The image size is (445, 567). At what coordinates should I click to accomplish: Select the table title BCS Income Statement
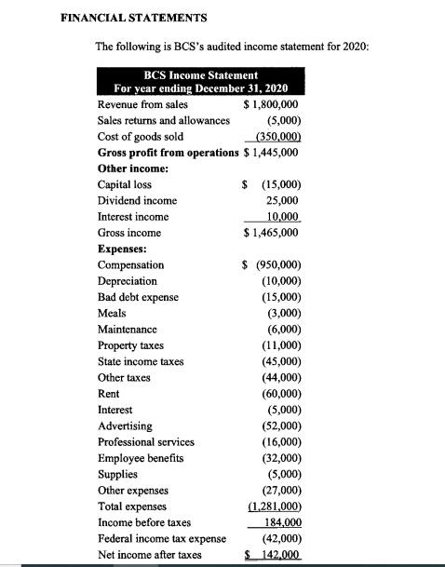tap(201, 74)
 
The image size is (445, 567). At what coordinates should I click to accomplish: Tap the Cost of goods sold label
tap(141, 136)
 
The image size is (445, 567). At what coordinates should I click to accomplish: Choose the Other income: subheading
tap(132, 168)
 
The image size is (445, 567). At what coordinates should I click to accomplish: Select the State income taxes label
tap(141, 361)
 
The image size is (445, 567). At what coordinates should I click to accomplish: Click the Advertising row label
tap(126, 425)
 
